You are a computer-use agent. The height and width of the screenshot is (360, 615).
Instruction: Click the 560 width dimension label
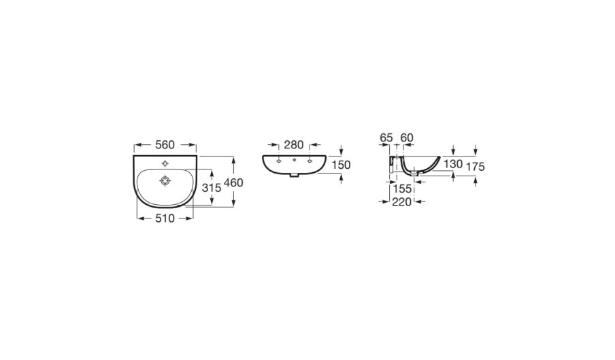coord(165,145)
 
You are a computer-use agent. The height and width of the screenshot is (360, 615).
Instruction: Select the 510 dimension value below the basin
coord(165,218)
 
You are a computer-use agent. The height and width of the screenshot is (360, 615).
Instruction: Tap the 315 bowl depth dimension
coord(212,188)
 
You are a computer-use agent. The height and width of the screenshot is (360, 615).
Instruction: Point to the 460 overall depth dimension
coord(233,183)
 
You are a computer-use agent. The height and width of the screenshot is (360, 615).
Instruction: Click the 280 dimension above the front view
coord(294,145)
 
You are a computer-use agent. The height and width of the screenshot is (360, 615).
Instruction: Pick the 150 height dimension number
coord(341,165)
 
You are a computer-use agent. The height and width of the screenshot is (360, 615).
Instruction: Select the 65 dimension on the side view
coord(386,137)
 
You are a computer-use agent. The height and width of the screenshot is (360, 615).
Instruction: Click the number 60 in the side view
coord(407,137)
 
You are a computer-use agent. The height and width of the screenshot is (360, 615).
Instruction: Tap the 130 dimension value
coord(453,164)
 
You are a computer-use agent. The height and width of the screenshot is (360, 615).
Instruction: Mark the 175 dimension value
coord(476,167)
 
